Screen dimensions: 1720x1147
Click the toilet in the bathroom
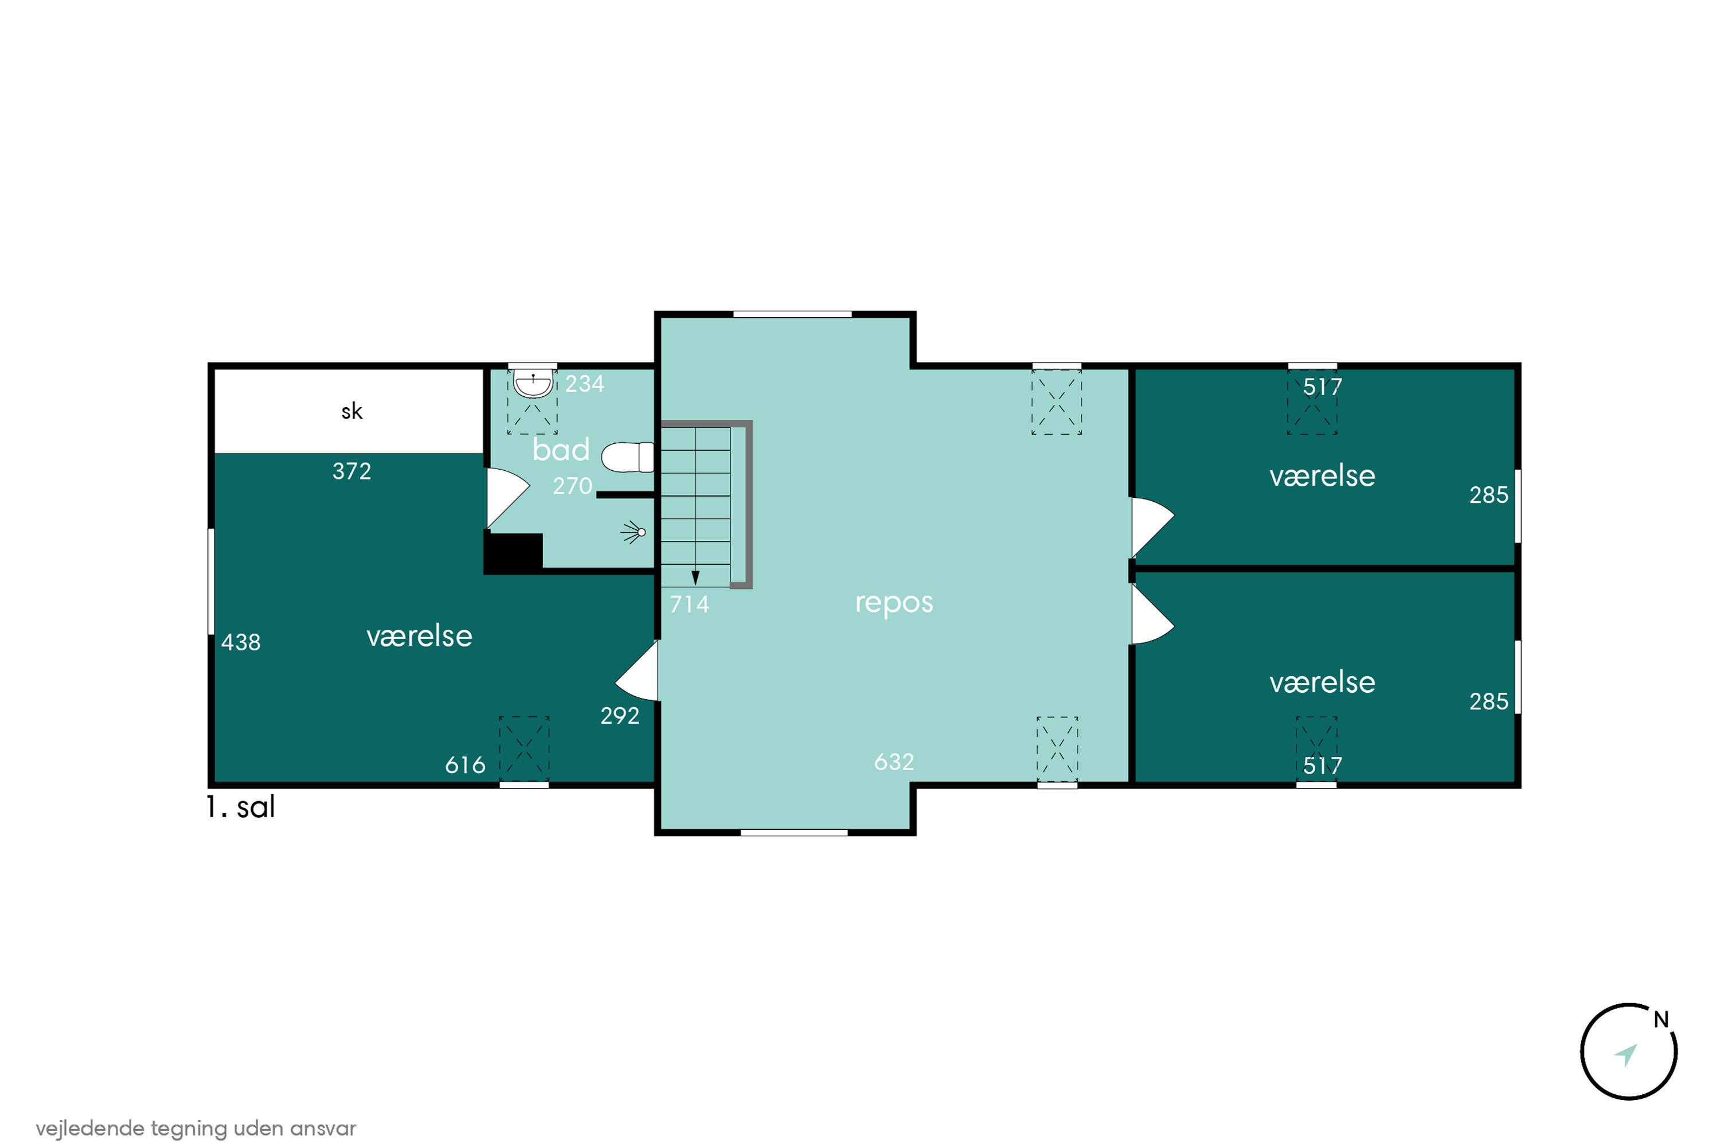tap(627, 457)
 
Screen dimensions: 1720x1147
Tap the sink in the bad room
tap(533, 383)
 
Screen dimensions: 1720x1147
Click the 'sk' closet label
tap(352, 411)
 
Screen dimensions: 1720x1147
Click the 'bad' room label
tap(561, 449)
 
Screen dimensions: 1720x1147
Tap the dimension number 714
tap(690, 604)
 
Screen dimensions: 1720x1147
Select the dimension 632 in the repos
tap(894, 762)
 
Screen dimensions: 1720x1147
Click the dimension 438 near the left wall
tap(241, 642)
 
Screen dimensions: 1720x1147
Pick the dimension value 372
tap(352, 471)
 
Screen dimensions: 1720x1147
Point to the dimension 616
tap(465, 765)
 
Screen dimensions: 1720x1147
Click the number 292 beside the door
tap(620, 715)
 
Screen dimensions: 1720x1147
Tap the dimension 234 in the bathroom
tap(585, 383)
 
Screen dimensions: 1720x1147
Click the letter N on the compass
tap(1662, 1020)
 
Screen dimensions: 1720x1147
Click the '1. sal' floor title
tap(241, 807)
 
